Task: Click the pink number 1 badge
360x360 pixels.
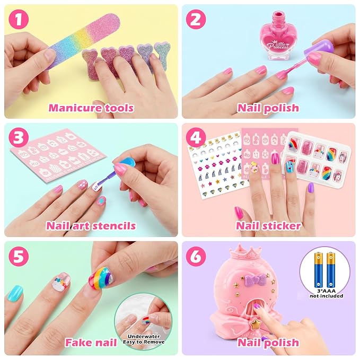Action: [19, 19]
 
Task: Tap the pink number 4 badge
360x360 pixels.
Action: [196, 138]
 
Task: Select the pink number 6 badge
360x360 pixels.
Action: [196, 256]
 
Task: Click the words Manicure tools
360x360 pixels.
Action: [91, 108]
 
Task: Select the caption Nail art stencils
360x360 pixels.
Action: [91, 226]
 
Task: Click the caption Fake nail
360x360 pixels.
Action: [91, 343]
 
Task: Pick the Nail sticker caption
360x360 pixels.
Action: [268, 226]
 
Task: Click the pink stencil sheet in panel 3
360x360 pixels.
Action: [58, 154]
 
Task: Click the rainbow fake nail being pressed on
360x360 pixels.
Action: [102, 278]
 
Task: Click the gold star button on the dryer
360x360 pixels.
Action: [256, 324]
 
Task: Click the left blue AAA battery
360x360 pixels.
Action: [319, 270]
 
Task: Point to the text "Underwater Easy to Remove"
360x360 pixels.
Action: [144, 339]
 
